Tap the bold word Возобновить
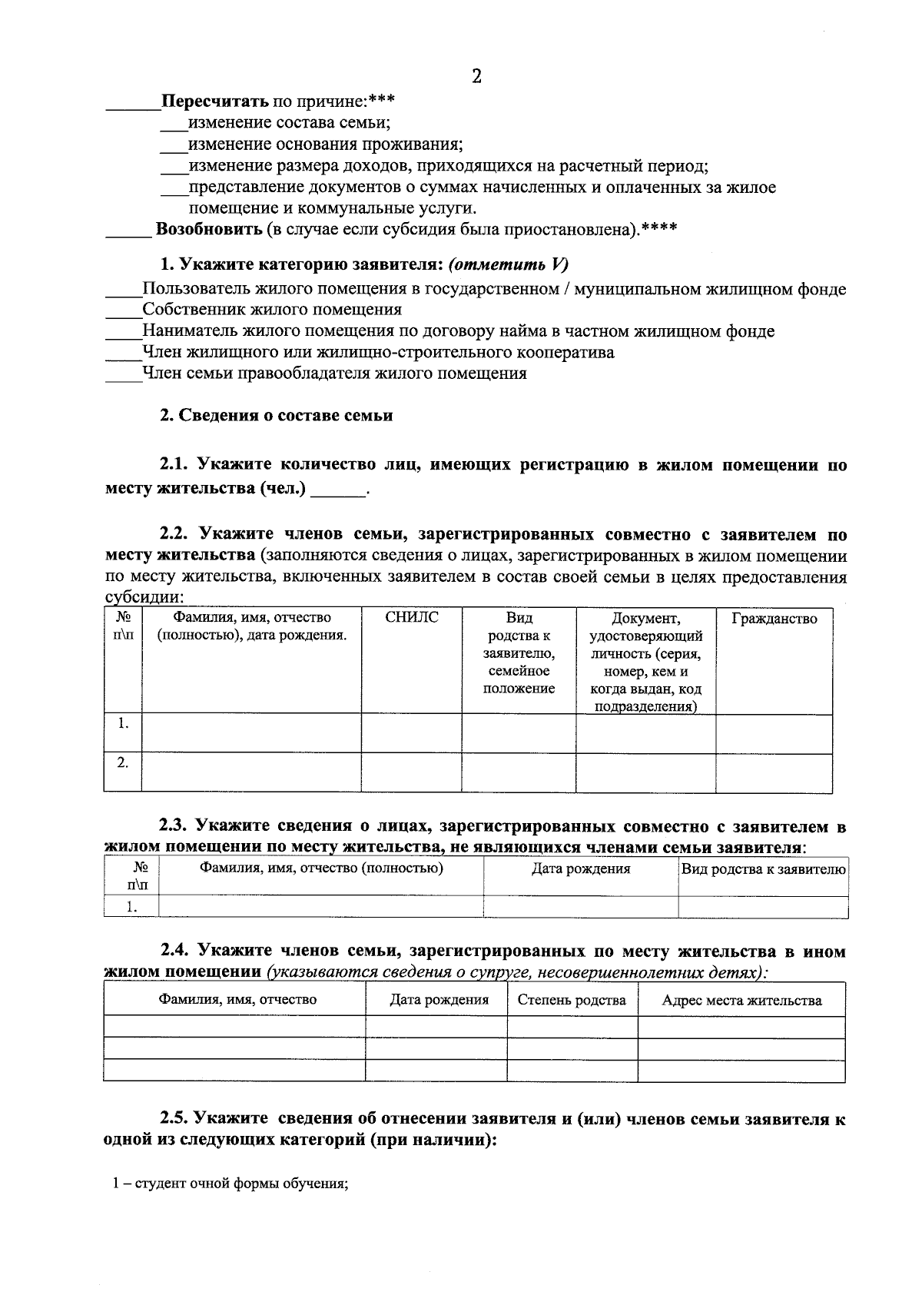[x=210, y=229]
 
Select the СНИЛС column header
[x=412, y=618]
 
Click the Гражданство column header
[x=774, y=619]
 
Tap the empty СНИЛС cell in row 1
[x=411, y=733]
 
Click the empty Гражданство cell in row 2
[x=774, y=772]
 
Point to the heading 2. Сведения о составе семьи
[x=276, y=416]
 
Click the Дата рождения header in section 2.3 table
[x=581, y=869]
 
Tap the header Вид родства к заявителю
[x=764, y=869]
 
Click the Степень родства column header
[x=572, y=1000]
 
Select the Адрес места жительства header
[x=741, y=1001]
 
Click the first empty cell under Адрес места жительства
[x=741, y=1027]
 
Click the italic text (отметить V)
[x=508, y=264]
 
